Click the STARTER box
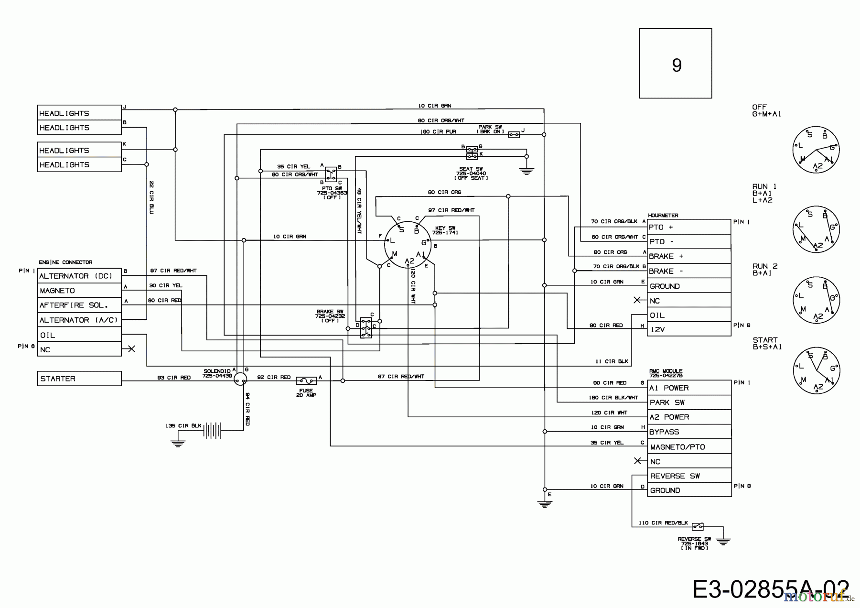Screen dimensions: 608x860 tap(79, 379)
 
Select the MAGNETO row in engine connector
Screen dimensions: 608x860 tap(79, 291)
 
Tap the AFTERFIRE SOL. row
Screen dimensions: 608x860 tap(79, 305)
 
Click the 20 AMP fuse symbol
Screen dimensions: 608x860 tap(306, 381)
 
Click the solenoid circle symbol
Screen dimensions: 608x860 tap(241, 379)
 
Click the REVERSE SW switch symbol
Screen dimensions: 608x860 tap(697, 527)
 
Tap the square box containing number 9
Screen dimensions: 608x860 tap(676, 64)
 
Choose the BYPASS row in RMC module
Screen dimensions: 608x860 tap(689, 432)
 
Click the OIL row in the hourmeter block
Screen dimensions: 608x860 tap(689, 315)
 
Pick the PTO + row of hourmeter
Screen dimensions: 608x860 tap(689, 227)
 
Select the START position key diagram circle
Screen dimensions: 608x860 tap(816, 371)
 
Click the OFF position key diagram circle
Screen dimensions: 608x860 tap(816, 150)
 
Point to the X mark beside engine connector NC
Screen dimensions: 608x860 tap(132, 349)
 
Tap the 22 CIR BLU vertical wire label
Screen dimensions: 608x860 tap(151, 197)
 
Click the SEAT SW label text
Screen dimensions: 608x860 tap(471, 173)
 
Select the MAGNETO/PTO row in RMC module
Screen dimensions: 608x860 tap(689, 447)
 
